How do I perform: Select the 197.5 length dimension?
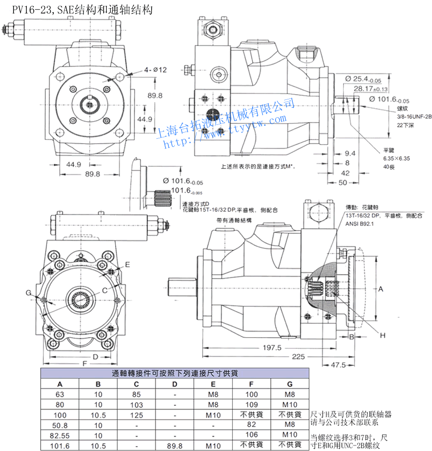[272, 348]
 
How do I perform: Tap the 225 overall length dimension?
[298, 356]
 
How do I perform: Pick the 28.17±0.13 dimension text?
[371, 89]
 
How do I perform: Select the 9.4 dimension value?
[350, 153]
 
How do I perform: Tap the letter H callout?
[383, 335]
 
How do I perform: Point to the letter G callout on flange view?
[29, 293]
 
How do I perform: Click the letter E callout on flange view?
[128, 265]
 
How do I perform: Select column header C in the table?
[136, 384]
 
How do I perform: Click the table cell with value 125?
[136, 414]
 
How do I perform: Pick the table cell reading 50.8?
[60, 425]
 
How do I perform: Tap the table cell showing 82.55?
[60, 435]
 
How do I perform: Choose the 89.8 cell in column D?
[175, 446]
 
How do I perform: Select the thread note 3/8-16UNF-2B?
[400, 117]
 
